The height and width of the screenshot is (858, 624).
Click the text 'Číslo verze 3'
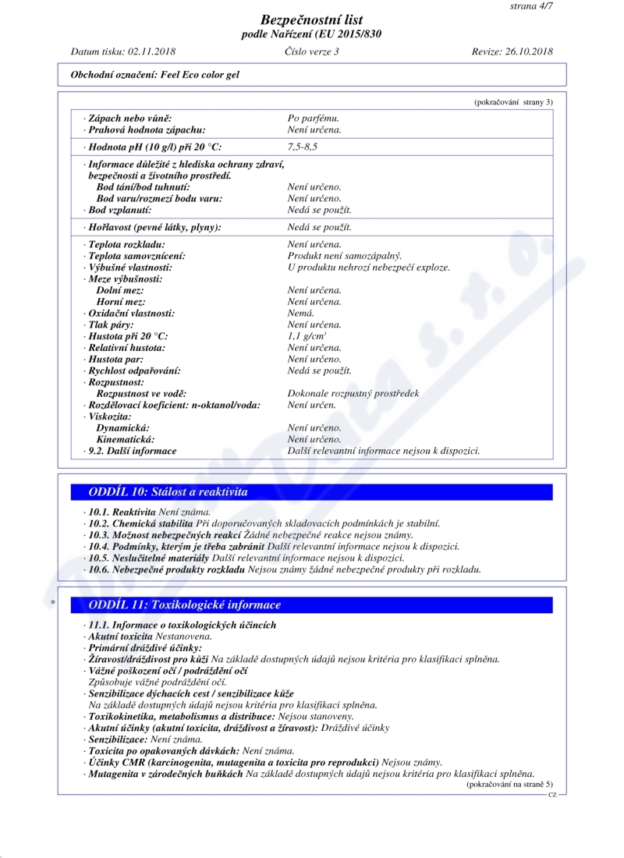pyautogui.click(x=312, y=51)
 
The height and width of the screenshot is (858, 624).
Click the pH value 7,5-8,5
pyautogui.click(x=303, y=147)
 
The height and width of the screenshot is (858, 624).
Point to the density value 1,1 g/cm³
pyautogui.click(x=304, y=336)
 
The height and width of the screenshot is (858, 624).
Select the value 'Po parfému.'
pyautogui.click(x=314, y=118)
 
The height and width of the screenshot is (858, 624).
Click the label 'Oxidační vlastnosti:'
pyautogui.click(x=130, y=313)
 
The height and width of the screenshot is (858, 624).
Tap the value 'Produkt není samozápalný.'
pyautogui.click(x=345, y=256)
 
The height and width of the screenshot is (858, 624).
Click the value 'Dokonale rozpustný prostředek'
pyautogui.click(x=353, y=393)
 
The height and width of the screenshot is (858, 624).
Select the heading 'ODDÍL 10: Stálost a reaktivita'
pyautogui.click(x=168, y=492)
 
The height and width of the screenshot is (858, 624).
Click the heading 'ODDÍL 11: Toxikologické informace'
pyautogui.click(x=185, y=604)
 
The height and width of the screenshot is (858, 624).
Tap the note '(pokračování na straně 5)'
pyautogui.click(x=509, y=783)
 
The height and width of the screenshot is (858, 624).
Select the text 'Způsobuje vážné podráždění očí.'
pyautogui.click(x=157, y=682)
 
